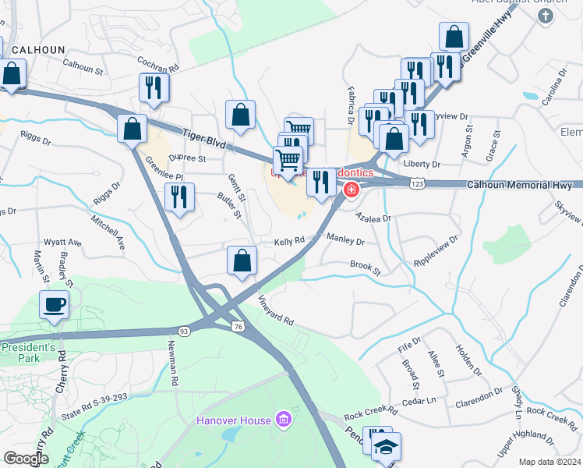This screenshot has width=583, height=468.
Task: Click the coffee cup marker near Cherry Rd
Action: tap(54, 305)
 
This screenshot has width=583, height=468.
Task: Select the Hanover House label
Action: tap(232, 421)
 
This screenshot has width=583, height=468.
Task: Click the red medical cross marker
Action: tap(352, 190)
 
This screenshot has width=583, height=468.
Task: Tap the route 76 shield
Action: tap(238, 327)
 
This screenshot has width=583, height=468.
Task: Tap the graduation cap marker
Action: tap(386, 447)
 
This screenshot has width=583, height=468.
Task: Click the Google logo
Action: tap(26, 459)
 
